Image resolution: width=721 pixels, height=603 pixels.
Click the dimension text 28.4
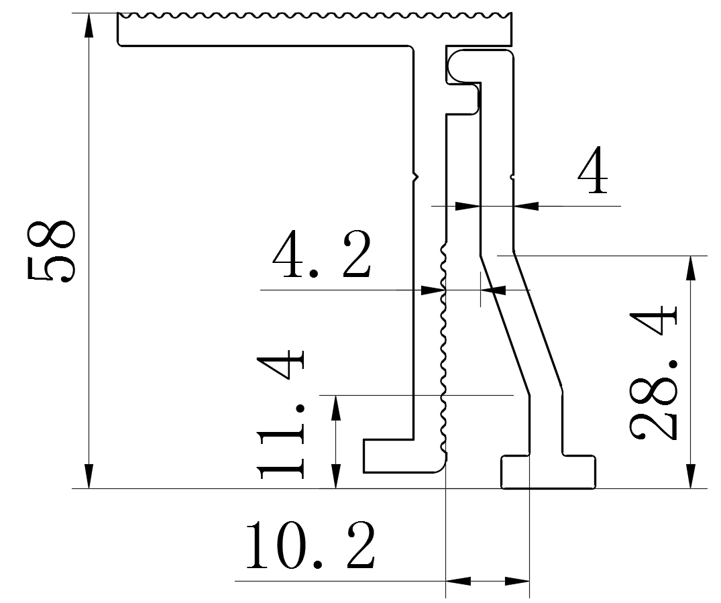(x=654, y=372)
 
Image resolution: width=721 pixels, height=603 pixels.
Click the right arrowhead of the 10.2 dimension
(x=517, y=581)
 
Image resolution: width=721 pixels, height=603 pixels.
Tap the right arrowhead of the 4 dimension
(x=526, y=205)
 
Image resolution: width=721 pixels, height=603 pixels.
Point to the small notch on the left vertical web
(x=415, y=176)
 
